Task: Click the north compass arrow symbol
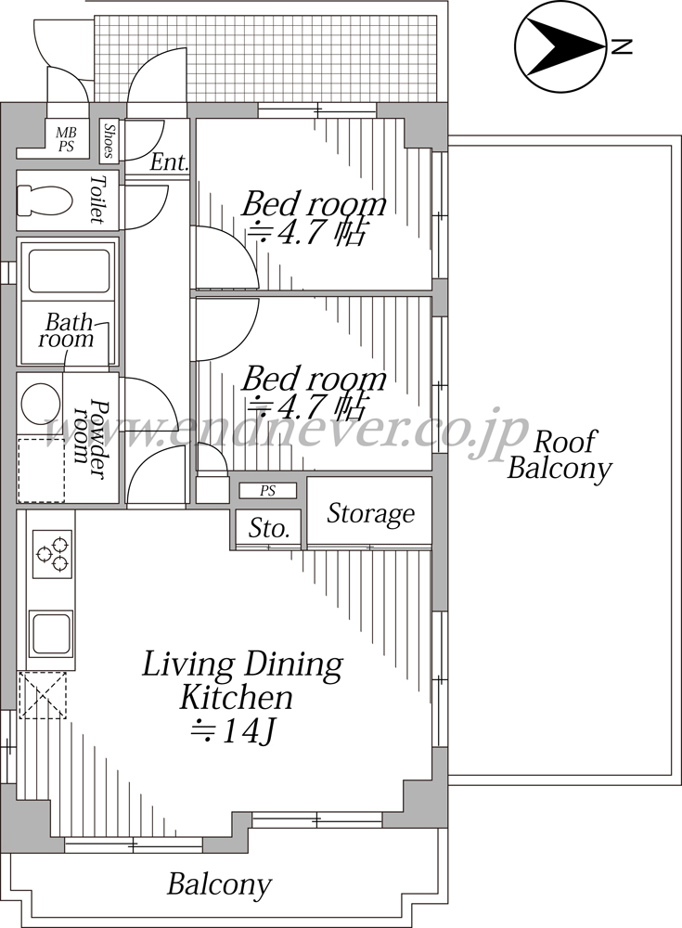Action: (560, 46)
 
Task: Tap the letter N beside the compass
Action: (622, 46)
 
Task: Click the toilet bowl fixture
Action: (45, 200)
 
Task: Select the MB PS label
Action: (66, 140)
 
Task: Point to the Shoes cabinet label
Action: (109, 140)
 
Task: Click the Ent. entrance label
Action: (169, 161)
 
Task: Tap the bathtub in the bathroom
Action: (68, 270)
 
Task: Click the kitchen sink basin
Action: (51, 633)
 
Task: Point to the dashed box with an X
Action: (43, 695)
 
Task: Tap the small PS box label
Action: (267, 491)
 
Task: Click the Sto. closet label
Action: (269, 528)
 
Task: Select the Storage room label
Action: (370, 514)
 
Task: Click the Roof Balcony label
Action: (560, 455)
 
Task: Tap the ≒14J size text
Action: (233, 732)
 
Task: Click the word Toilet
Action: (97, 200)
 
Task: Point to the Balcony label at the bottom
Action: (219, 884)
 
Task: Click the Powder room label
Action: (89, 432)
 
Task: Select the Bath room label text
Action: (68, 330)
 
